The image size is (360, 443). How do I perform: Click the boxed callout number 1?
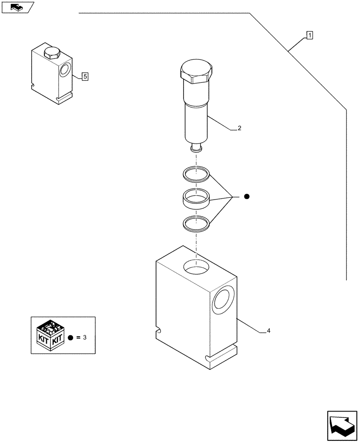coord(309,35)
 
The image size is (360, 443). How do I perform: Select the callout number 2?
coord(239,128)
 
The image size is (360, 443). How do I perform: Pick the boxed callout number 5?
coord(85,76)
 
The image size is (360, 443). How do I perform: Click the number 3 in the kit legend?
coord(84,337)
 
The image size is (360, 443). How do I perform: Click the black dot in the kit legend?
coord(71,338)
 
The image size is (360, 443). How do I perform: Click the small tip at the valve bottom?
coord(196,148)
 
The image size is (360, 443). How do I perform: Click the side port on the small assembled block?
coord(64,70)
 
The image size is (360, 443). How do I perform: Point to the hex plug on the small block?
coord(52,53)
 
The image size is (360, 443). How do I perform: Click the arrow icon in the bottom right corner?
coord(341,425)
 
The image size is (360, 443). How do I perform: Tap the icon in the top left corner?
coord(17,7)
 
